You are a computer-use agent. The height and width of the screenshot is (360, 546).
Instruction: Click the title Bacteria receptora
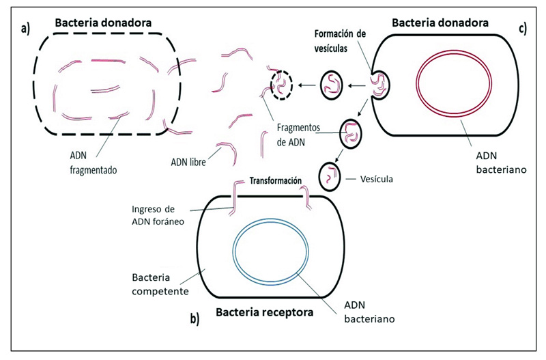(x=264, y=314)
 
